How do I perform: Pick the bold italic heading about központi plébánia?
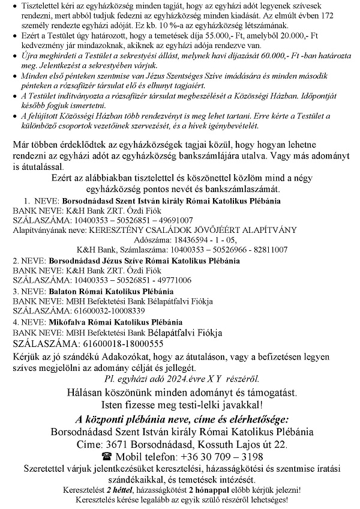[x=179, y=418]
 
